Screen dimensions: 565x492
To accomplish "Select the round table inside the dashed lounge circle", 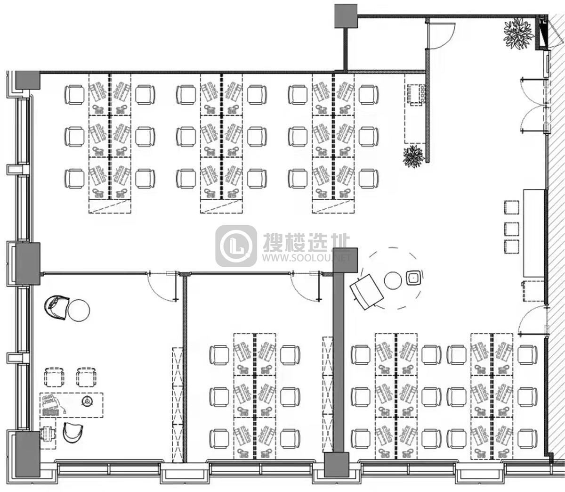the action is click(392, 280).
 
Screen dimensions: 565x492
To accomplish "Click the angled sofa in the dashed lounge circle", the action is click(366, 292).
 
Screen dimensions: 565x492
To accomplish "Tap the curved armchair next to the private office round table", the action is click(56, 307).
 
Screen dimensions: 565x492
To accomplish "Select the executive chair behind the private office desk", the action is click(73, 432).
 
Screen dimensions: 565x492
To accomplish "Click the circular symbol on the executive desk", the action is click(87, 401).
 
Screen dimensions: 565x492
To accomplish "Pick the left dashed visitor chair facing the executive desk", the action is click(55, 377).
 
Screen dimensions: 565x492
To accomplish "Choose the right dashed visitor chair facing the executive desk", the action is click(86, 377).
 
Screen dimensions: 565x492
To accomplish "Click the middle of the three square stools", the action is click(511, 229).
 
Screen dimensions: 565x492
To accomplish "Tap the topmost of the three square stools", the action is click(511, 207).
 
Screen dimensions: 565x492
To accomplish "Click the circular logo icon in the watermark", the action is click(236, 246).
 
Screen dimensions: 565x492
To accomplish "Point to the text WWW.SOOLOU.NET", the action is click(307, 258).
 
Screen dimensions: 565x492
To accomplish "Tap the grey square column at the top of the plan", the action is click(346, 16).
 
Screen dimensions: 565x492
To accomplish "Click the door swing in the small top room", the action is click(441, 36).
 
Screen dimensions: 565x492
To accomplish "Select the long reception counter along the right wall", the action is click(534, 234).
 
